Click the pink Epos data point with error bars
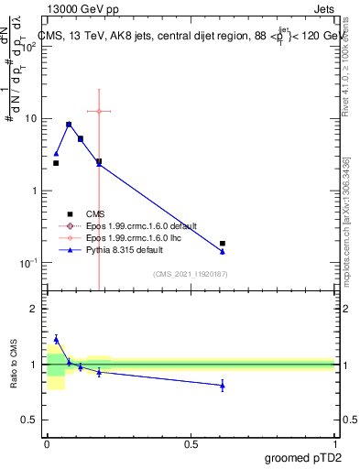click(99, 111)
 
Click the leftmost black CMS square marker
click(56, 163)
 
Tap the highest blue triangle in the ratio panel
click(56, 339)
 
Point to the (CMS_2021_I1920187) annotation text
click(191, 273)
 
